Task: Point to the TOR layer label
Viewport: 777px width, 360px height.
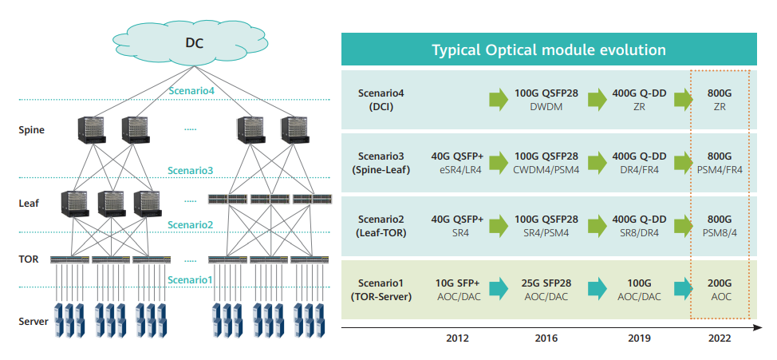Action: coord(28,259)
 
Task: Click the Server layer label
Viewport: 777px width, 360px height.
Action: coord(33,322)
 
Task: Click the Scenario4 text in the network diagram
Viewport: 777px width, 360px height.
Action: coord(191,91)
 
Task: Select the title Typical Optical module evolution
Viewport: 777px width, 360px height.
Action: coord(548,49)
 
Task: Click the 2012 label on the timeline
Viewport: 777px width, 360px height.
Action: coord(457,338)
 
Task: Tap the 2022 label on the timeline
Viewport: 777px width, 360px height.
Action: coord(719,338)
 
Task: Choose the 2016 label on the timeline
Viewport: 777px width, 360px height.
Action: coord(546,338)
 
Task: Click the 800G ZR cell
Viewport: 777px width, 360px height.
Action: coord(719,99)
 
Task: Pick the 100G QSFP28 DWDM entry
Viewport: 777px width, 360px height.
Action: coord(546,99)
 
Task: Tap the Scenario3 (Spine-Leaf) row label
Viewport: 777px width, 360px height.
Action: coord(379,162)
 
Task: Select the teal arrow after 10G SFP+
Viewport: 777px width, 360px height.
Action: coord(499,287)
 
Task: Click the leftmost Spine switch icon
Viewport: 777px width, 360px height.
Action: coord(93,129)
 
